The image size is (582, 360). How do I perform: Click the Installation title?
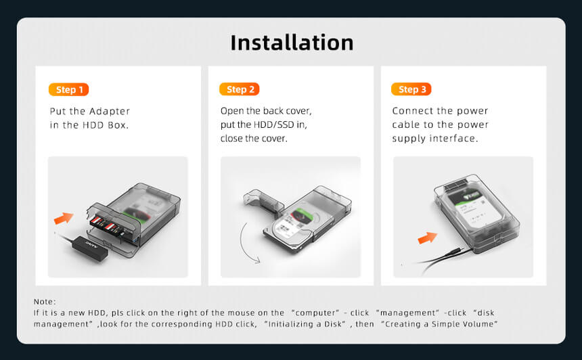pyautogui.click(x=292, y=43)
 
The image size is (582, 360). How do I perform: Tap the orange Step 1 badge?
pyautogui.click(x=68, y=89)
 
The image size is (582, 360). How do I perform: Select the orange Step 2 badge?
pyautogui.click(x=240, y=89)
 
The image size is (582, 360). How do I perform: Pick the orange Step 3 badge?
pyautogui.click(x=411, y=89)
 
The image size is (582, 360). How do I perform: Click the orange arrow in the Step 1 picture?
pyautogui.click(x=64, y=218)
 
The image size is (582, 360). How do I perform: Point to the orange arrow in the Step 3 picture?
pyautogui.click(x=427, y=238)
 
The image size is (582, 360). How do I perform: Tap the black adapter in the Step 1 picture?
pyautogui.click(x=90, y=248)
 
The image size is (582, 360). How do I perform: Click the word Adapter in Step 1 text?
pyautogui.click(x=110, y=112)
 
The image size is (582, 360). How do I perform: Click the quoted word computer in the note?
pyautogui.click(x=316, y=313)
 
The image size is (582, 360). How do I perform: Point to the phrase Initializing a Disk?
pyautogui.click(x=305, y=324)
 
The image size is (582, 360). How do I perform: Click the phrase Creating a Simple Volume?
pyautogui.click(x=439, y=324)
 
